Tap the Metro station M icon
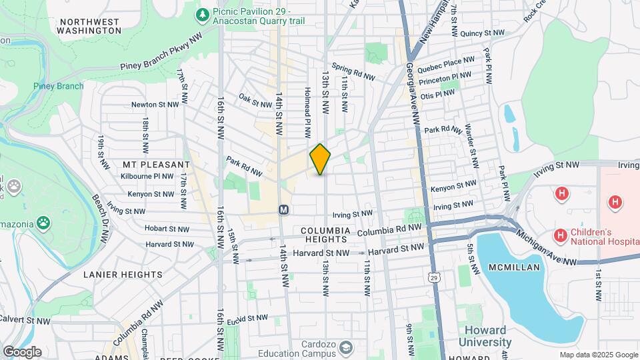[x=283, y=209]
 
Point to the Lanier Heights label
[x=123, y=275]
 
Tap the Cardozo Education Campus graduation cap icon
[x=345, y=347]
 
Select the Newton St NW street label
[x=155, y=105]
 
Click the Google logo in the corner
[x=23, y=351]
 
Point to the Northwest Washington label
[x=90, y=26]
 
